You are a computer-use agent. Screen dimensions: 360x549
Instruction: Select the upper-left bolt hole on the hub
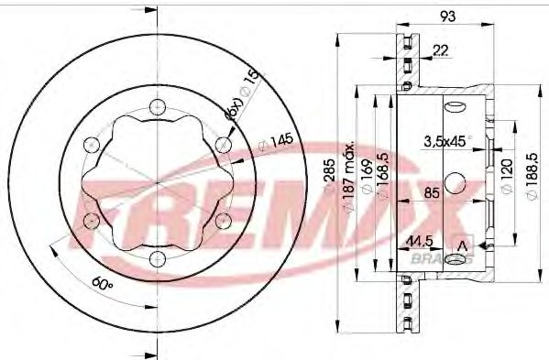click(90, 144)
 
